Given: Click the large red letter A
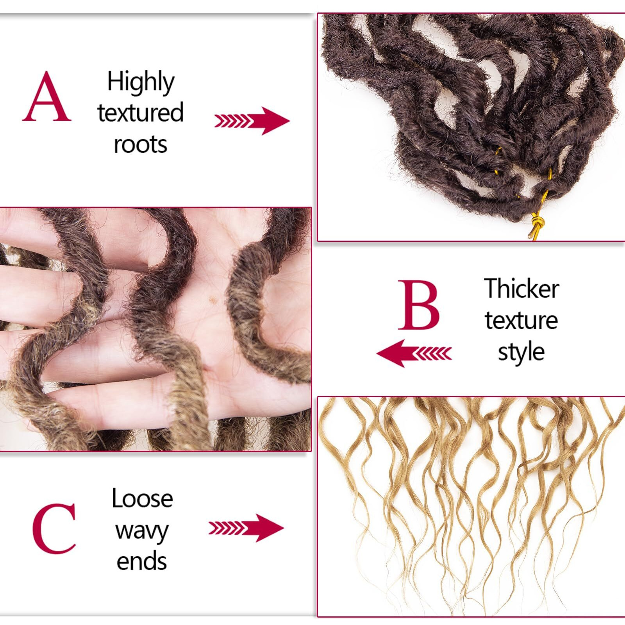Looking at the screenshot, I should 46,97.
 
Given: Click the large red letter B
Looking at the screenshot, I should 419,305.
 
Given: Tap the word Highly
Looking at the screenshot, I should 141,82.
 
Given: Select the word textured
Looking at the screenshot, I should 140,113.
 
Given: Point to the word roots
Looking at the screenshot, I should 140,145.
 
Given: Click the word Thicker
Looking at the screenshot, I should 521,289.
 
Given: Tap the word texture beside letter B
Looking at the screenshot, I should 521,320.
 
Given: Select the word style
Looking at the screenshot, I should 521,352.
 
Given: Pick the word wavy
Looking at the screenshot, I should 142,530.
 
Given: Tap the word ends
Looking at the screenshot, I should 142,561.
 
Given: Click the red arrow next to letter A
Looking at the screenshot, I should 252,121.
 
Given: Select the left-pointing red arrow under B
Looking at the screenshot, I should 414,353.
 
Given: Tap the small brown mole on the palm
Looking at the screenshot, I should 213,300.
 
